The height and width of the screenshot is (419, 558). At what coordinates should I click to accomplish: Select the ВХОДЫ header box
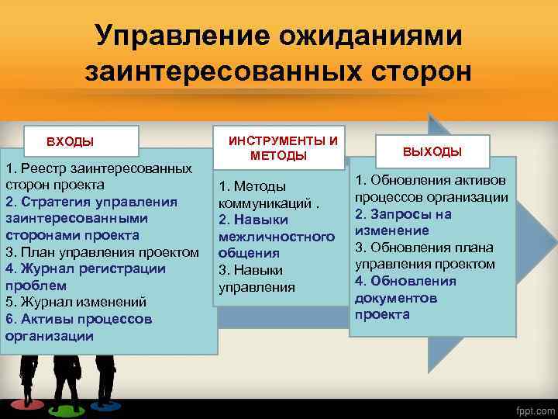[x=70, y=142]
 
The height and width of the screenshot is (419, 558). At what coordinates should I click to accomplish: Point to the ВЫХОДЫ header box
[x=432, y=151]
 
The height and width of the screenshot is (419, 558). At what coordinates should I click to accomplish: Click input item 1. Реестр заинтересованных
[x=98, y=168]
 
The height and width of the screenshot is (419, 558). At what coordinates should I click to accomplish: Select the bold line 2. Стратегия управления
[x=91, y=202]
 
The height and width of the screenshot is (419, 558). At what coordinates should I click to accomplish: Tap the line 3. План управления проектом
[x=102, y=251]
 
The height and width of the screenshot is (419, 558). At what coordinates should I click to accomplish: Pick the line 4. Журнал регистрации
[x=85, y=268]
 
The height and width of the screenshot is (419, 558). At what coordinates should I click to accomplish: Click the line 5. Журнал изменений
[x=76, y=302]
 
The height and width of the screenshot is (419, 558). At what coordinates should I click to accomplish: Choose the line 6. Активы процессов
[x=78, y=319]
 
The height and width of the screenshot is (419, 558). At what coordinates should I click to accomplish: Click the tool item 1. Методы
[x=253, y=186]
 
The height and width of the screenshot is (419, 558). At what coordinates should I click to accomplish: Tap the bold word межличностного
[x=277, y=236]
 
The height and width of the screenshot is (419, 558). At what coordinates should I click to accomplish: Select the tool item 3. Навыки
[x=251, y=270]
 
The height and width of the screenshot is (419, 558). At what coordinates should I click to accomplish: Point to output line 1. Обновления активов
[x=432, y=180]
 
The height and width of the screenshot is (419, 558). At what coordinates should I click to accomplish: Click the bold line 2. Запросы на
[x=403, y=213]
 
